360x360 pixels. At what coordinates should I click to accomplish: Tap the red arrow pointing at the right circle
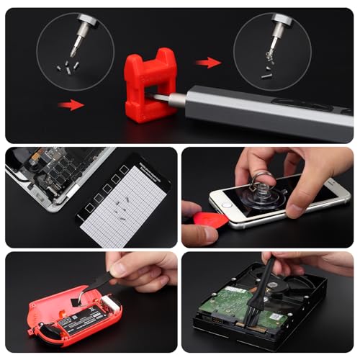coord(208,63)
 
